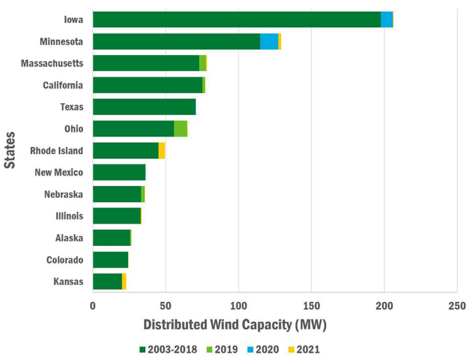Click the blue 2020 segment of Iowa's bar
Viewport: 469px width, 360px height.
387,19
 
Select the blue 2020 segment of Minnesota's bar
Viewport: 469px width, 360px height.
269,42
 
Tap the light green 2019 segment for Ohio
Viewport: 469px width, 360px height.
181,128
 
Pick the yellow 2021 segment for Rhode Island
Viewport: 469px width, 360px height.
162,151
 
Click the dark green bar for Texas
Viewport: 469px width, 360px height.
144,107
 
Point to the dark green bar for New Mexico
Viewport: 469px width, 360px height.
119,172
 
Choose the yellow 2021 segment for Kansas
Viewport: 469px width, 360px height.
124,281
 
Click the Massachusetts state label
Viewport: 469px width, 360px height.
52,63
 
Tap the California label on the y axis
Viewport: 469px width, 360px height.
63,86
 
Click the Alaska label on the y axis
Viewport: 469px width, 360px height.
69,238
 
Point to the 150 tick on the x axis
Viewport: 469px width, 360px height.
311,305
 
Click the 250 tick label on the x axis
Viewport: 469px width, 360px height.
457,305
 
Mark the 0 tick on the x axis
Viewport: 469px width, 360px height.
93,305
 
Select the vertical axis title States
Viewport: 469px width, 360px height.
10,150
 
